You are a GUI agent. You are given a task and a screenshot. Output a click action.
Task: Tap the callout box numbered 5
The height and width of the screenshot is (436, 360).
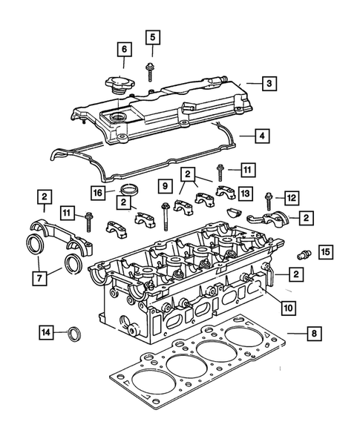click(152, 36)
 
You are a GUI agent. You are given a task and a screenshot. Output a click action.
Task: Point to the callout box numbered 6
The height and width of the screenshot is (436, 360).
click(123, 50)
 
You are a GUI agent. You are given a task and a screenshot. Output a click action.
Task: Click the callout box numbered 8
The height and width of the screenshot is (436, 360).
click(315, 334)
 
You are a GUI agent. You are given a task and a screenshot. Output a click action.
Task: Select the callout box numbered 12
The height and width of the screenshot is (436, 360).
click(291, 197)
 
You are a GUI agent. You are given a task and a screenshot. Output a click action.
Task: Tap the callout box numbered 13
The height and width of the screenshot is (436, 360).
click(244, 194)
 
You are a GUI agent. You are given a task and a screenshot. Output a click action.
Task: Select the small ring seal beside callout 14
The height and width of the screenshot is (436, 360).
click(74, 334)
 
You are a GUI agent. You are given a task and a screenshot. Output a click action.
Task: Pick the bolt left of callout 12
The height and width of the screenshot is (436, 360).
click(268, 198)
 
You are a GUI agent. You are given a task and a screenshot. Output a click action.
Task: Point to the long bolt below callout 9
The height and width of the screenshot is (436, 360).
click(161, 215)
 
